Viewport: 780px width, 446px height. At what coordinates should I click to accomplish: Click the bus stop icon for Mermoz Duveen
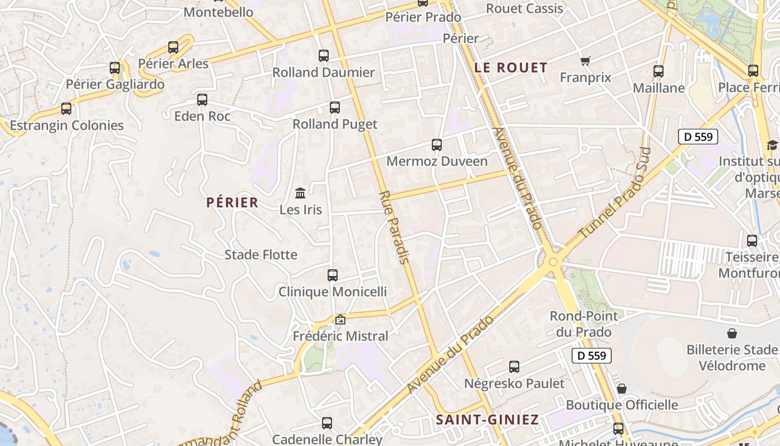click(x=437, y=145)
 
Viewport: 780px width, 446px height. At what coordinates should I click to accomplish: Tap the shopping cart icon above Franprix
click(x=585, y=61)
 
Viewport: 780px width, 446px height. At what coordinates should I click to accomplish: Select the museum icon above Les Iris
click(x=300, y=193)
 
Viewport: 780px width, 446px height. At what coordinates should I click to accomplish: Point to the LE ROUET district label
click(x=511, y=68)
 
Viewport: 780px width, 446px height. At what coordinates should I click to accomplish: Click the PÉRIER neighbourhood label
click(x=232, y=202)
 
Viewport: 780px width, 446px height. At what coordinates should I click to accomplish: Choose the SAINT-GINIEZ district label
click(x=487, y=419)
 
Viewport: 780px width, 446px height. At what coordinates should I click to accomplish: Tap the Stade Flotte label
click(x=261, y=255)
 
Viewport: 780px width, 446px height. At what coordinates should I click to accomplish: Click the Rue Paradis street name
click(x=394, y=227)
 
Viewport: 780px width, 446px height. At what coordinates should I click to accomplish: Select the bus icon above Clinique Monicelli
click(x=333, y=275)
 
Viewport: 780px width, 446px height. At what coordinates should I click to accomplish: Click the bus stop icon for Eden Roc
click(x=202, y=100)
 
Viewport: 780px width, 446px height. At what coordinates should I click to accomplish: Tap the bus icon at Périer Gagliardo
click(x=115, y=68)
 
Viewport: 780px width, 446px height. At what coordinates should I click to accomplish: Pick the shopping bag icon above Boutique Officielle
click(x=621, y=389)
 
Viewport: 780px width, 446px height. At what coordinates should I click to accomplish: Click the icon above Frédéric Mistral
click(x=340, y=319)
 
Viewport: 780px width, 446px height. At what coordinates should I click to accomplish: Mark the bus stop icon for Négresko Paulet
click(x=514, y=367)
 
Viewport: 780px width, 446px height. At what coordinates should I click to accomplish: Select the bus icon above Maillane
click(x=659, y=71)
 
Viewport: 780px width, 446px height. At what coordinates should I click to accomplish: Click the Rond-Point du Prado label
click(x=583, y=324)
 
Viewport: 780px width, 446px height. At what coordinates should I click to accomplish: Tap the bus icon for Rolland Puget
click(x=335, y=108)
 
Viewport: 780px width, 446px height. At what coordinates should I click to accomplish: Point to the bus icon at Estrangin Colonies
click(x=66, y=109)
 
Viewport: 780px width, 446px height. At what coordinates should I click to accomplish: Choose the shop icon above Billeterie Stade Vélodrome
click(x=732, y=333)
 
